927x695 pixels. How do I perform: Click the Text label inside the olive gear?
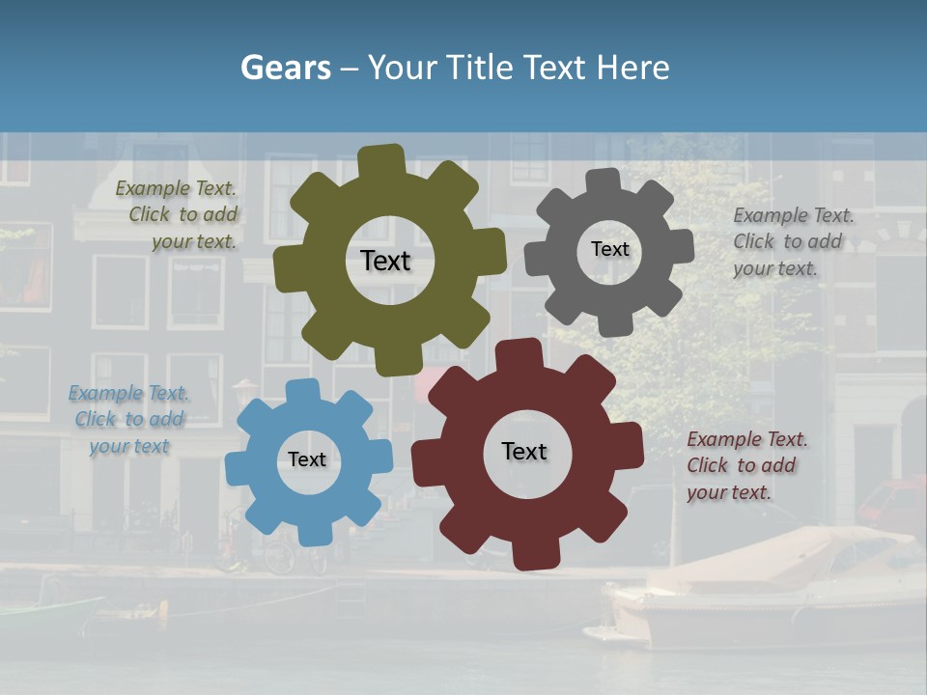(x=385, y=261)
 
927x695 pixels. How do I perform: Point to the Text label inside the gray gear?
(x=609, y=249)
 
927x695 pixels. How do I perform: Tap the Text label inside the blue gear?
(x=307, y=459)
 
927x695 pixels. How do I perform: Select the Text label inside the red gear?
(x=524, y=451)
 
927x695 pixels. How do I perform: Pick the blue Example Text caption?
(x=127, y=420)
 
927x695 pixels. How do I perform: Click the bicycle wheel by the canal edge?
(x=279, y=558)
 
